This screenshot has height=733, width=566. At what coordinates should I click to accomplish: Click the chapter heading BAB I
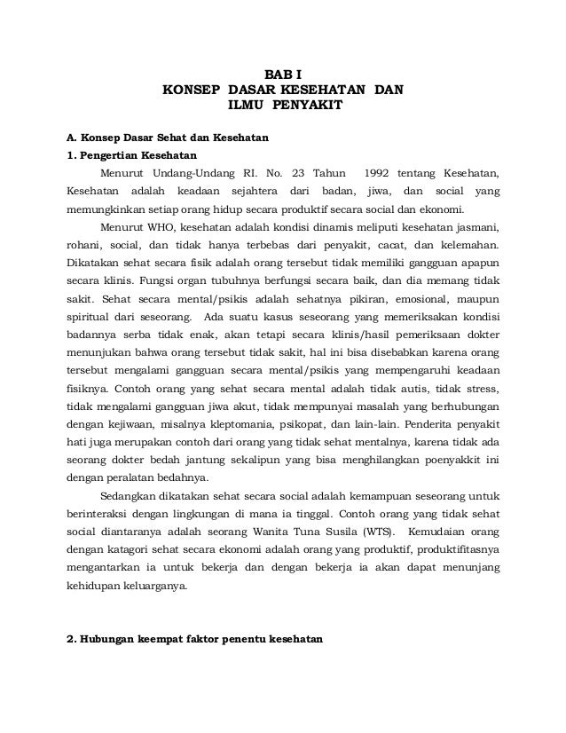283,74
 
